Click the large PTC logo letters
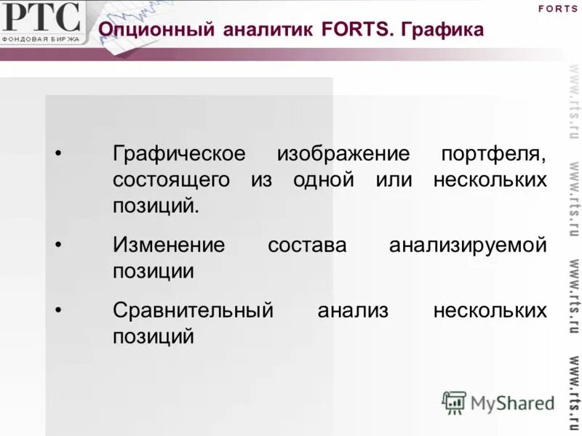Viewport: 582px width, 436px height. pyautogui.click(x=41, y=17)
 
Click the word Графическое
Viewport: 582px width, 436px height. pyautogui.click(x=178, y=155)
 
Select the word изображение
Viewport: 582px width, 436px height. pyautogui.click(x=343, y=155)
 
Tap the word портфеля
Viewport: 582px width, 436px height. pyautogui.click(x=493, y=155)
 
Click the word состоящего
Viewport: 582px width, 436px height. pyautogui.click(x=171, y=180)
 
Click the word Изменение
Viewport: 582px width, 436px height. pyautogui.click(x=169, y=245)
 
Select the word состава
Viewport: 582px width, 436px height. pyautogui.click(x=307, y=245)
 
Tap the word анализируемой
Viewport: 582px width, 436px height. pyautogui.click(x=468, y=245)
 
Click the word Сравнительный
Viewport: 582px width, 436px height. pyautogui.click(x=193, y=310)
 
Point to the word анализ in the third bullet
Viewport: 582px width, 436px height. pyautogui.click(x=353, y=310)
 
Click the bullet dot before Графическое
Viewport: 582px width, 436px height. pyautogui.click(x=59, y=155)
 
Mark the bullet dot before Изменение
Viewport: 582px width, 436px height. pyautogui.click(x=59, y=245)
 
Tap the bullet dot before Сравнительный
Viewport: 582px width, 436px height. pyautogui.click(x=59, y=310)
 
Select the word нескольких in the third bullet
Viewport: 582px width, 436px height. pyautogui.click(x=490, y=310)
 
